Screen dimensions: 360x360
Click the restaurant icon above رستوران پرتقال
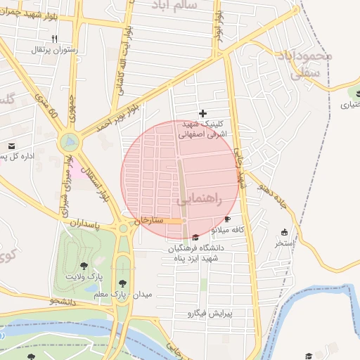(x=54, y=39)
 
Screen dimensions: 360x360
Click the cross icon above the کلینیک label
(x=203, y=112)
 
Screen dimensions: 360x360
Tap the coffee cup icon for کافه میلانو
(x=227, y=219)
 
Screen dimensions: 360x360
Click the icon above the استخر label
(x=284, y=233)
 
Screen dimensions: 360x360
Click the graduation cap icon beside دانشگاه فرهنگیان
(x=195, y=237)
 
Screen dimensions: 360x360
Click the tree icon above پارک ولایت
(x=84, y=266)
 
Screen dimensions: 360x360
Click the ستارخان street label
(x=153, y=220)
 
